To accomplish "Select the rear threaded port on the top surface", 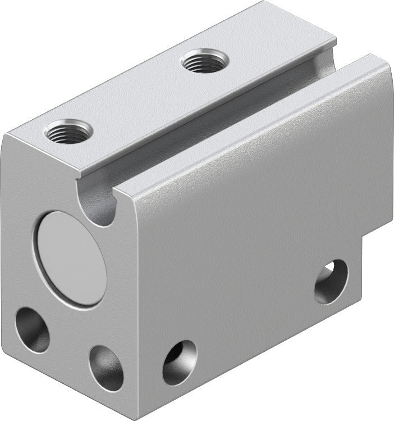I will click(x=204, y=60).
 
